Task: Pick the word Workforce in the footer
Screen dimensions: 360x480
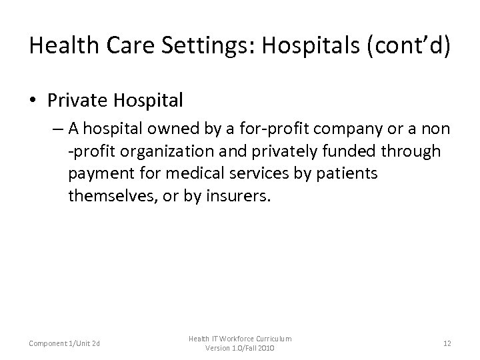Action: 241,339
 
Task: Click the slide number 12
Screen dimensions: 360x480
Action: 447,344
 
